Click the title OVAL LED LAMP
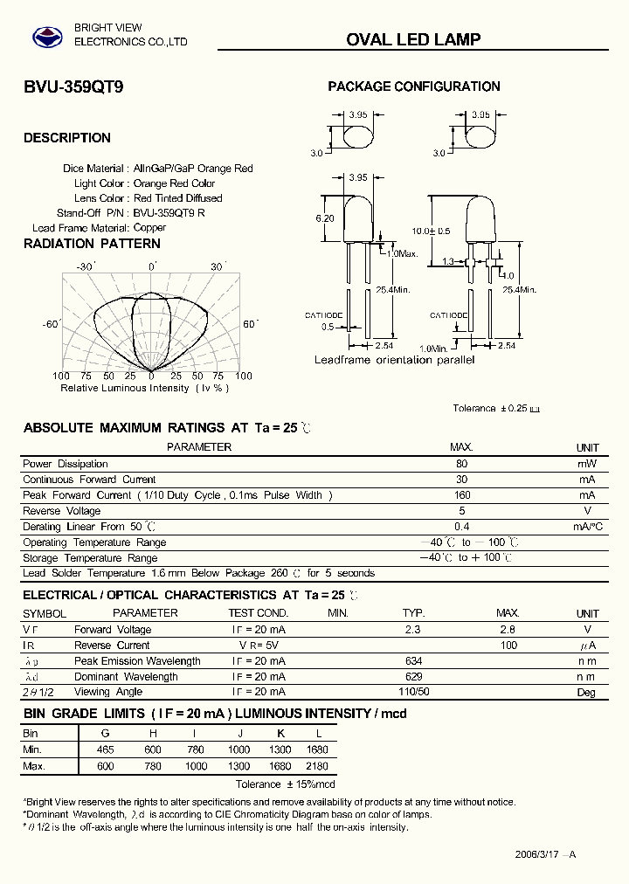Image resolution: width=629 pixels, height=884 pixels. pyautogui.click(x=413, y=39)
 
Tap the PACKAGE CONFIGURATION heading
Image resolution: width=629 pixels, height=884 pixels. pyautogui.click(x=413, y=86)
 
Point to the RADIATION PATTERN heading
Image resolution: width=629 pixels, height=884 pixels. pyautogui.click(x=92, y=244)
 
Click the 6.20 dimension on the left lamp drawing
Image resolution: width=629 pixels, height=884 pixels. pyautogui.click(x=325, y=218)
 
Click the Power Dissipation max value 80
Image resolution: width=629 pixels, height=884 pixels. pyautogui.click(x=461, y=464)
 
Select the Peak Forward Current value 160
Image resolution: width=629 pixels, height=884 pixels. pyautogui.click(x=462, y=495)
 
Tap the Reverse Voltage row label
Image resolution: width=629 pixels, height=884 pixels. pyautogui.click(x=61, y=511)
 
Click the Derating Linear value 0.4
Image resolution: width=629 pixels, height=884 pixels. pyautogui.click(x=462, y=527)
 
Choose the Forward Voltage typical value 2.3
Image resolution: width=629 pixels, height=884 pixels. pyautogui.click(x=413, y=630)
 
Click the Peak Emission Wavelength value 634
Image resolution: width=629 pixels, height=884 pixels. pyautogui.click(x=414, y=661)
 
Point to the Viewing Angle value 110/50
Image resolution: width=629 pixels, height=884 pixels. pyautogui.click(x=414, y=692)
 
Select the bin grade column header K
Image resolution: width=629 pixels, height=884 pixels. pyautogui.click(x=281, y=734)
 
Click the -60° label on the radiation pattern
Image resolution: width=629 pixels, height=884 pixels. pyautogui.click(x=50, y=324)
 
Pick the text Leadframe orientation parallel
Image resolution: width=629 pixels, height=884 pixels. pyautogui.click(x=395, y=360)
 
